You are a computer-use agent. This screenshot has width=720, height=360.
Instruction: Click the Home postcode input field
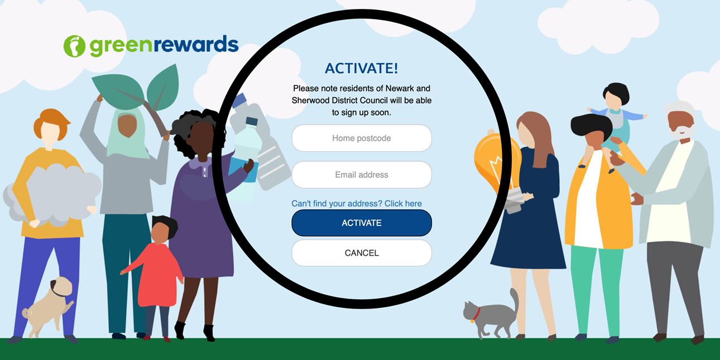pyautogui.click(x=362, y=138)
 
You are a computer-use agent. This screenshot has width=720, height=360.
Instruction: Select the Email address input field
pyautogui.click(x=362, y=175)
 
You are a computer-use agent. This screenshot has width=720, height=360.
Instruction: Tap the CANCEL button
pyautogui.click(x=362, y=253)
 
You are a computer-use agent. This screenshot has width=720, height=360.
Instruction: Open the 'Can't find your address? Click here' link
pyautogui.click(x=357, y=204)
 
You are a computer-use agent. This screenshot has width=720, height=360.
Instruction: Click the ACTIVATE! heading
pyautogui.click(x=362, y=68)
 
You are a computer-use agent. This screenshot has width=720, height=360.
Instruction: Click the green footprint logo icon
pyautogui.click(x=74, y=46)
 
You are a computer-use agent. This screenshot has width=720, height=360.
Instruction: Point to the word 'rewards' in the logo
pyautogui.click(x=196, y=44)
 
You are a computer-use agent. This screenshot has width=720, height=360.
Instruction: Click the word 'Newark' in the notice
pyautogui.click(x=399, y=88)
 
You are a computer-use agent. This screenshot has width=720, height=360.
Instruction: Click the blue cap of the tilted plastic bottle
pyautogui.click(x=240, y=100)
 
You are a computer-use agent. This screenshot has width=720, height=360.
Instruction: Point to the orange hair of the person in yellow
pyautogui.click(x=51, y=122)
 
